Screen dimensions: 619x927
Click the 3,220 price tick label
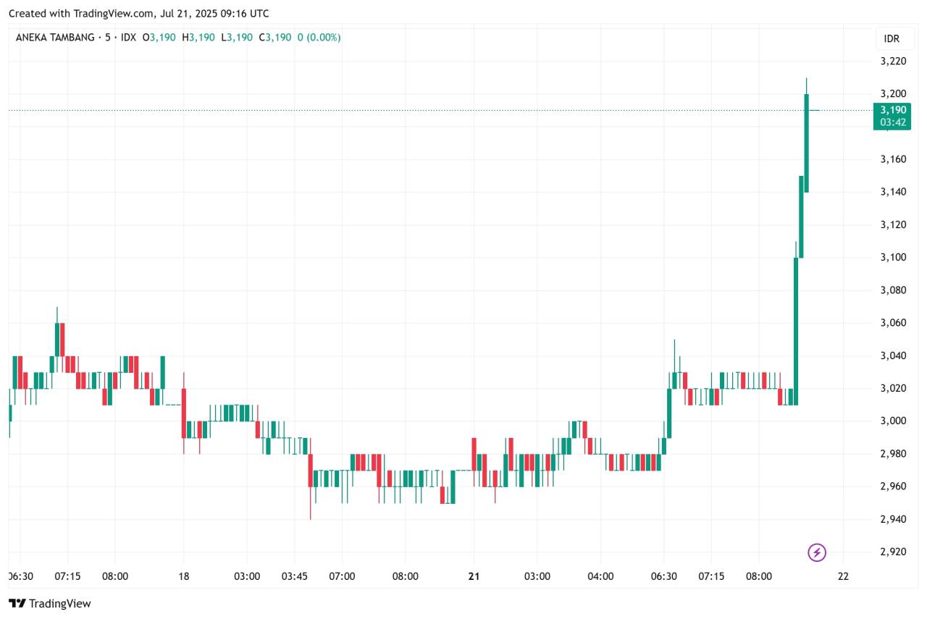[893, 62]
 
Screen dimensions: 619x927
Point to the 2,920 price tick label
[893, 552]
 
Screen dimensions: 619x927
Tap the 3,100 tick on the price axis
[893, 258]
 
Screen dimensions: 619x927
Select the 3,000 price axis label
[893, 421]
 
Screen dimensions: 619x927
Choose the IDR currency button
[892, 38]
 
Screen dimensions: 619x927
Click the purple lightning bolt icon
[817, 553]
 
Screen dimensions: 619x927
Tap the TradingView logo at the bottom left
[50, 603]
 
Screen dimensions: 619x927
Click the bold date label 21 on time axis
[474, 576]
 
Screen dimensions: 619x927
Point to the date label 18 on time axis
[183, 576]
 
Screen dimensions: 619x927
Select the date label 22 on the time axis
[843, 576]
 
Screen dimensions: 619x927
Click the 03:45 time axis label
[294, 576]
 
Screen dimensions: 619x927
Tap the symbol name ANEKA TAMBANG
[54, 37]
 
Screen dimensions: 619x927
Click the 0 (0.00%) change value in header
[318, 37]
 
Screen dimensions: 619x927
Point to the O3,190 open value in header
[159, 37]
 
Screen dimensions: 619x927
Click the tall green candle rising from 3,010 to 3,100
[796, 329]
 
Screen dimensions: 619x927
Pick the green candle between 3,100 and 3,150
[801, 216]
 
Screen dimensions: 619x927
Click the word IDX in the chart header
[128, 37]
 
